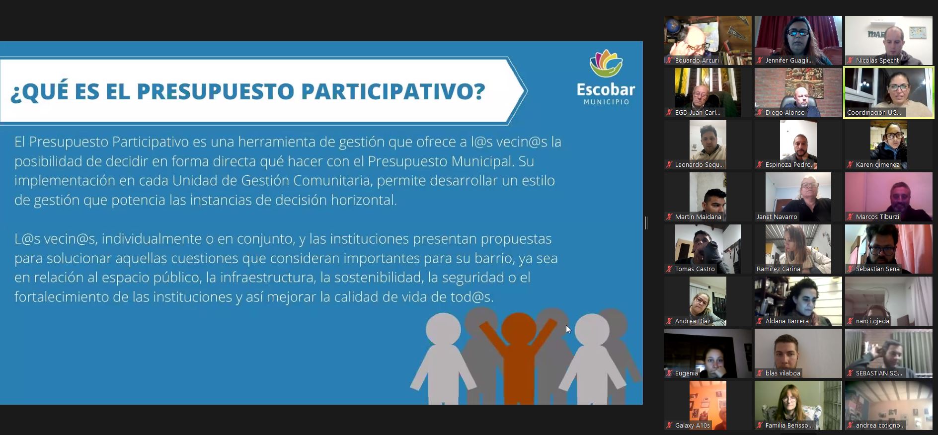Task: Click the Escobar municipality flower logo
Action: click(x=606, y=64)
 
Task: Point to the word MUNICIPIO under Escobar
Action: click(x=606, y=102)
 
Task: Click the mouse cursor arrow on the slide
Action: click(x=568, y=329)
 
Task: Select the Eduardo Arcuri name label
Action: click(x=697, y=61)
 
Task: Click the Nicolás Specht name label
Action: click(x=877, y=61)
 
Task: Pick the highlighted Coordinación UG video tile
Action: click(x=889, y=93)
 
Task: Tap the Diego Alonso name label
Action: click(x=784, y=113)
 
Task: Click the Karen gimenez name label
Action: click(x=877, y=165)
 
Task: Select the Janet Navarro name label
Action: click(x=777, y=217)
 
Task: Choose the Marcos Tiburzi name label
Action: click(x=877, y=217)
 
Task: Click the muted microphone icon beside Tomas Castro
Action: click(x=669, y=269)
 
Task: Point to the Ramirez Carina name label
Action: click(x=778, y=269)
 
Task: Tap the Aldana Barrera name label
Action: click(x=787, y=321)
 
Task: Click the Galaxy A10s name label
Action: click(x=692, y=426)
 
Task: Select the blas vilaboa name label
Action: click(x=782, y=373)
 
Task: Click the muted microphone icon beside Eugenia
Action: click(x=669, y=373)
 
